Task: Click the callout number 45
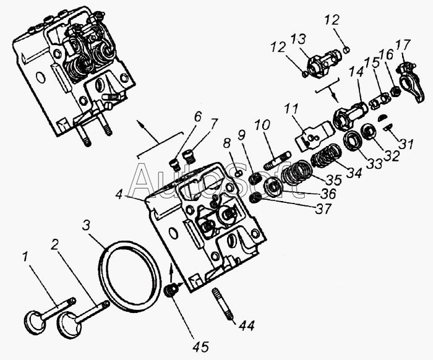point(201,346)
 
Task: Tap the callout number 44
point(247,326)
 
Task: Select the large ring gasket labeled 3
point(129,273)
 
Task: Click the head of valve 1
point(33,322)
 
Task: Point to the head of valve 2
point(69,325)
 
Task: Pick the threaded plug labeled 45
point(171,291)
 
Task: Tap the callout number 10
point(262,126)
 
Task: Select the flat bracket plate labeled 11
point(314,135)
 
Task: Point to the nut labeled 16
point(395,90)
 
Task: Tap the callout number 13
point(298,40)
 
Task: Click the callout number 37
point(323,208)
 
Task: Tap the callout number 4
point(119,195)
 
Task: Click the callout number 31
point(406,144)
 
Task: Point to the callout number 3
point(86,226)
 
